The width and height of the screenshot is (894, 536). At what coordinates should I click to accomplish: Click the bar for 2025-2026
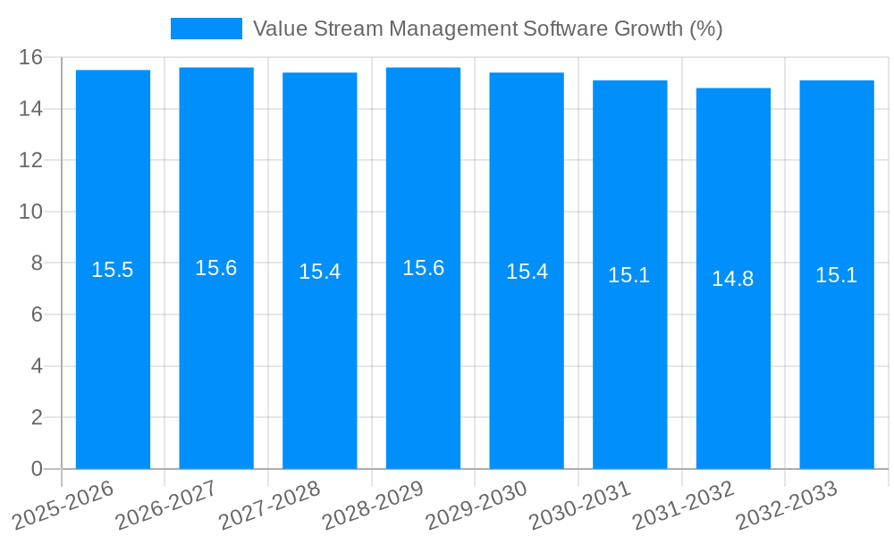click(x=113, y=357)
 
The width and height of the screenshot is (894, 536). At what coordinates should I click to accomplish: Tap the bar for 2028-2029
click(x=423, y=357)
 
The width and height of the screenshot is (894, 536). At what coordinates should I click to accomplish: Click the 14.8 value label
click(x=733, y=279)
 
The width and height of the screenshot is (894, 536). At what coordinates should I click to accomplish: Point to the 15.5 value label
click(x=113, y=270)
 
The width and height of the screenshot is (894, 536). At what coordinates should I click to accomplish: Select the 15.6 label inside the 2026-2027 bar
click(x=216, y=268)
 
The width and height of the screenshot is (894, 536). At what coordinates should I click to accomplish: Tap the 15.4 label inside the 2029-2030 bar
click(x=527, y=272)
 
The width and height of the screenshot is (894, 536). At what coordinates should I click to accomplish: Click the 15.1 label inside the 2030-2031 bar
click(x=629, y=275)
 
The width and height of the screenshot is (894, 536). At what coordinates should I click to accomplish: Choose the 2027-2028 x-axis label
click(x=270, y=505)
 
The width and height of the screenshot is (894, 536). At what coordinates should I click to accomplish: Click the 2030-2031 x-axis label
click(x=580, y=505)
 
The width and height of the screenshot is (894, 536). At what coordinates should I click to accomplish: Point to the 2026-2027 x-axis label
click(x=167, y=505)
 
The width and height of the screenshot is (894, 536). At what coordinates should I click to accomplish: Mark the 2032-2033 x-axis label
click(x=787, y=505)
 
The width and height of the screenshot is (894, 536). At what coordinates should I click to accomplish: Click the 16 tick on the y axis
click(x=31, y=57)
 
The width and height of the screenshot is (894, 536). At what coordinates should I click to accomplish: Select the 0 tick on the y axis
click(x=37, y=469)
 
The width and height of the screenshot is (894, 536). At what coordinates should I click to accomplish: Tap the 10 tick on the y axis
click(x=31, y=212)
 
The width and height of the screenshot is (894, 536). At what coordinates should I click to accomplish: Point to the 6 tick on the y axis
click(x=37, y=314)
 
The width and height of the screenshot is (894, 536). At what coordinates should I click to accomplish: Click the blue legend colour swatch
click(x=207, y=29)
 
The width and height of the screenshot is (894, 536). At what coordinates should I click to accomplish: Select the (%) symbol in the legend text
click(x=705, y=29)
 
